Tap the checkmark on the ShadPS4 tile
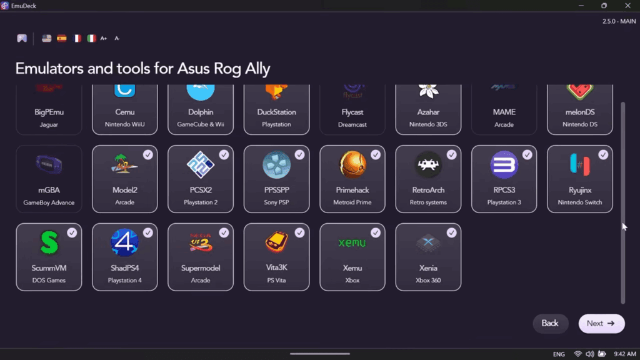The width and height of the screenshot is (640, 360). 148,232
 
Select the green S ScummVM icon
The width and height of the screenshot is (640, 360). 49,243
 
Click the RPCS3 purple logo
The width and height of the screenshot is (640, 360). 504,165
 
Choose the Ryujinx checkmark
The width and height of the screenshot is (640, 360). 603,154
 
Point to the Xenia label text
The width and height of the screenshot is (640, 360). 428,268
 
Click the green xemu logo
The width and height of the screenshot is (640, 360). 352,242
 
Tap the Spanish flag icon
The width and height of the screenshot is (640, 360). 62,38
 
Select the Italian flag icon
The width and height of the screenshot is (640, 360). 92,38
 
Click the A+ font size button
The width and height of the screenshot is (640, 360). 104,38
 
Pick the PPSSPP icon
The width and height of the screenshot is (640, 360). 276,165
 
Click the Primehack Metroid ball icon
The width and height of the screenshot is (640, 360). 352,165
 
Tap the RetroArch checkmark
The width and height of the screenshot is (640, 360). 451,154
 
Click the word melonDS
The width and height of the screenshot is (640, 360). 580,112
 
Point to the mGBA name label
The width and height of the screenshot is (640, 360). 49,190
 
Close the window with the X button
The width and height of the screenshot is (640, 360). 627,6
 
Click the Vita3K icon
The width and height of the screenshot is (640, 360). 276,242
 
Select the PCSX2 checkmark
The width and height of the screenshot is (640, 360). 224,154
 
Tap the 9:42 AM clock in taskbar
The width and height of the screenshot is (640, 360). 625,354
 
